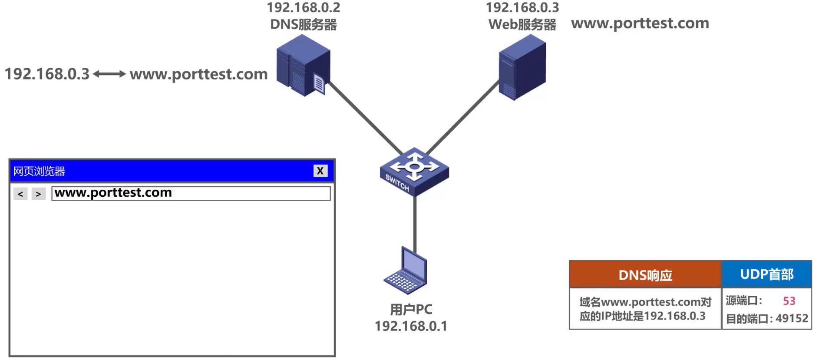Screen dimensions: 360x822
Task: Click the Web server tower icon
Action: pos(522,67)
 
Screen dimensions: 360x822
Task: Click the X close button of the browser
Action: pos(320,171)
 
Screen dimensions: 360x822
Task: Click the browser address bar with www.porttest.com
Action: pos(191,193)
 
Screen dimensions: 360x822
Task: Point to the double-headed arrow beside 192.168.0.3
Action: pos(109,74)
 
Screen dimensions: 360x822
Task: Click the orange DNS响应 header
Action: pos(645,275)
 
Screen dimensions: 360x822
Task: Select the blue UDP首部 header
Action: pos(767,274)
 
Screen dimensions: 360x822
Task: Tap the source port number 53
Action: pos(789,301)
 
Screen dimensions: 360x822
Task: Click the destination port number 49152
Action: pos(792,319)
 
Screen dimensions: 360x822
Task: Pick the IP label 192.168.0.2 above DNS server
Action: pos(303,8)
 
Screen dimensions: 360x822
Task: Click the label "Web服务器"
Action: pos(522,25)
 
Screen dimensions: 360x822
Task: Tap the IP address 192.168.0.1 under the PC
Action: pos(411,326)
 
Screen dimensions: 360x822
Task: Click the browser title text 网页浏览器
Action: pos(39,172)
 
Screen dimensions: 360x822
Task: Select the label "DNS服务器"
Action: pos(303,25)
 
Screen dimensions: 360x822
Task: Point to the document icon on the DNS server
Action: pos(319,84)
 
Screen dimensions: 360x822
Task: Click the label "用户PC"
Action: pos(411,310)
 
